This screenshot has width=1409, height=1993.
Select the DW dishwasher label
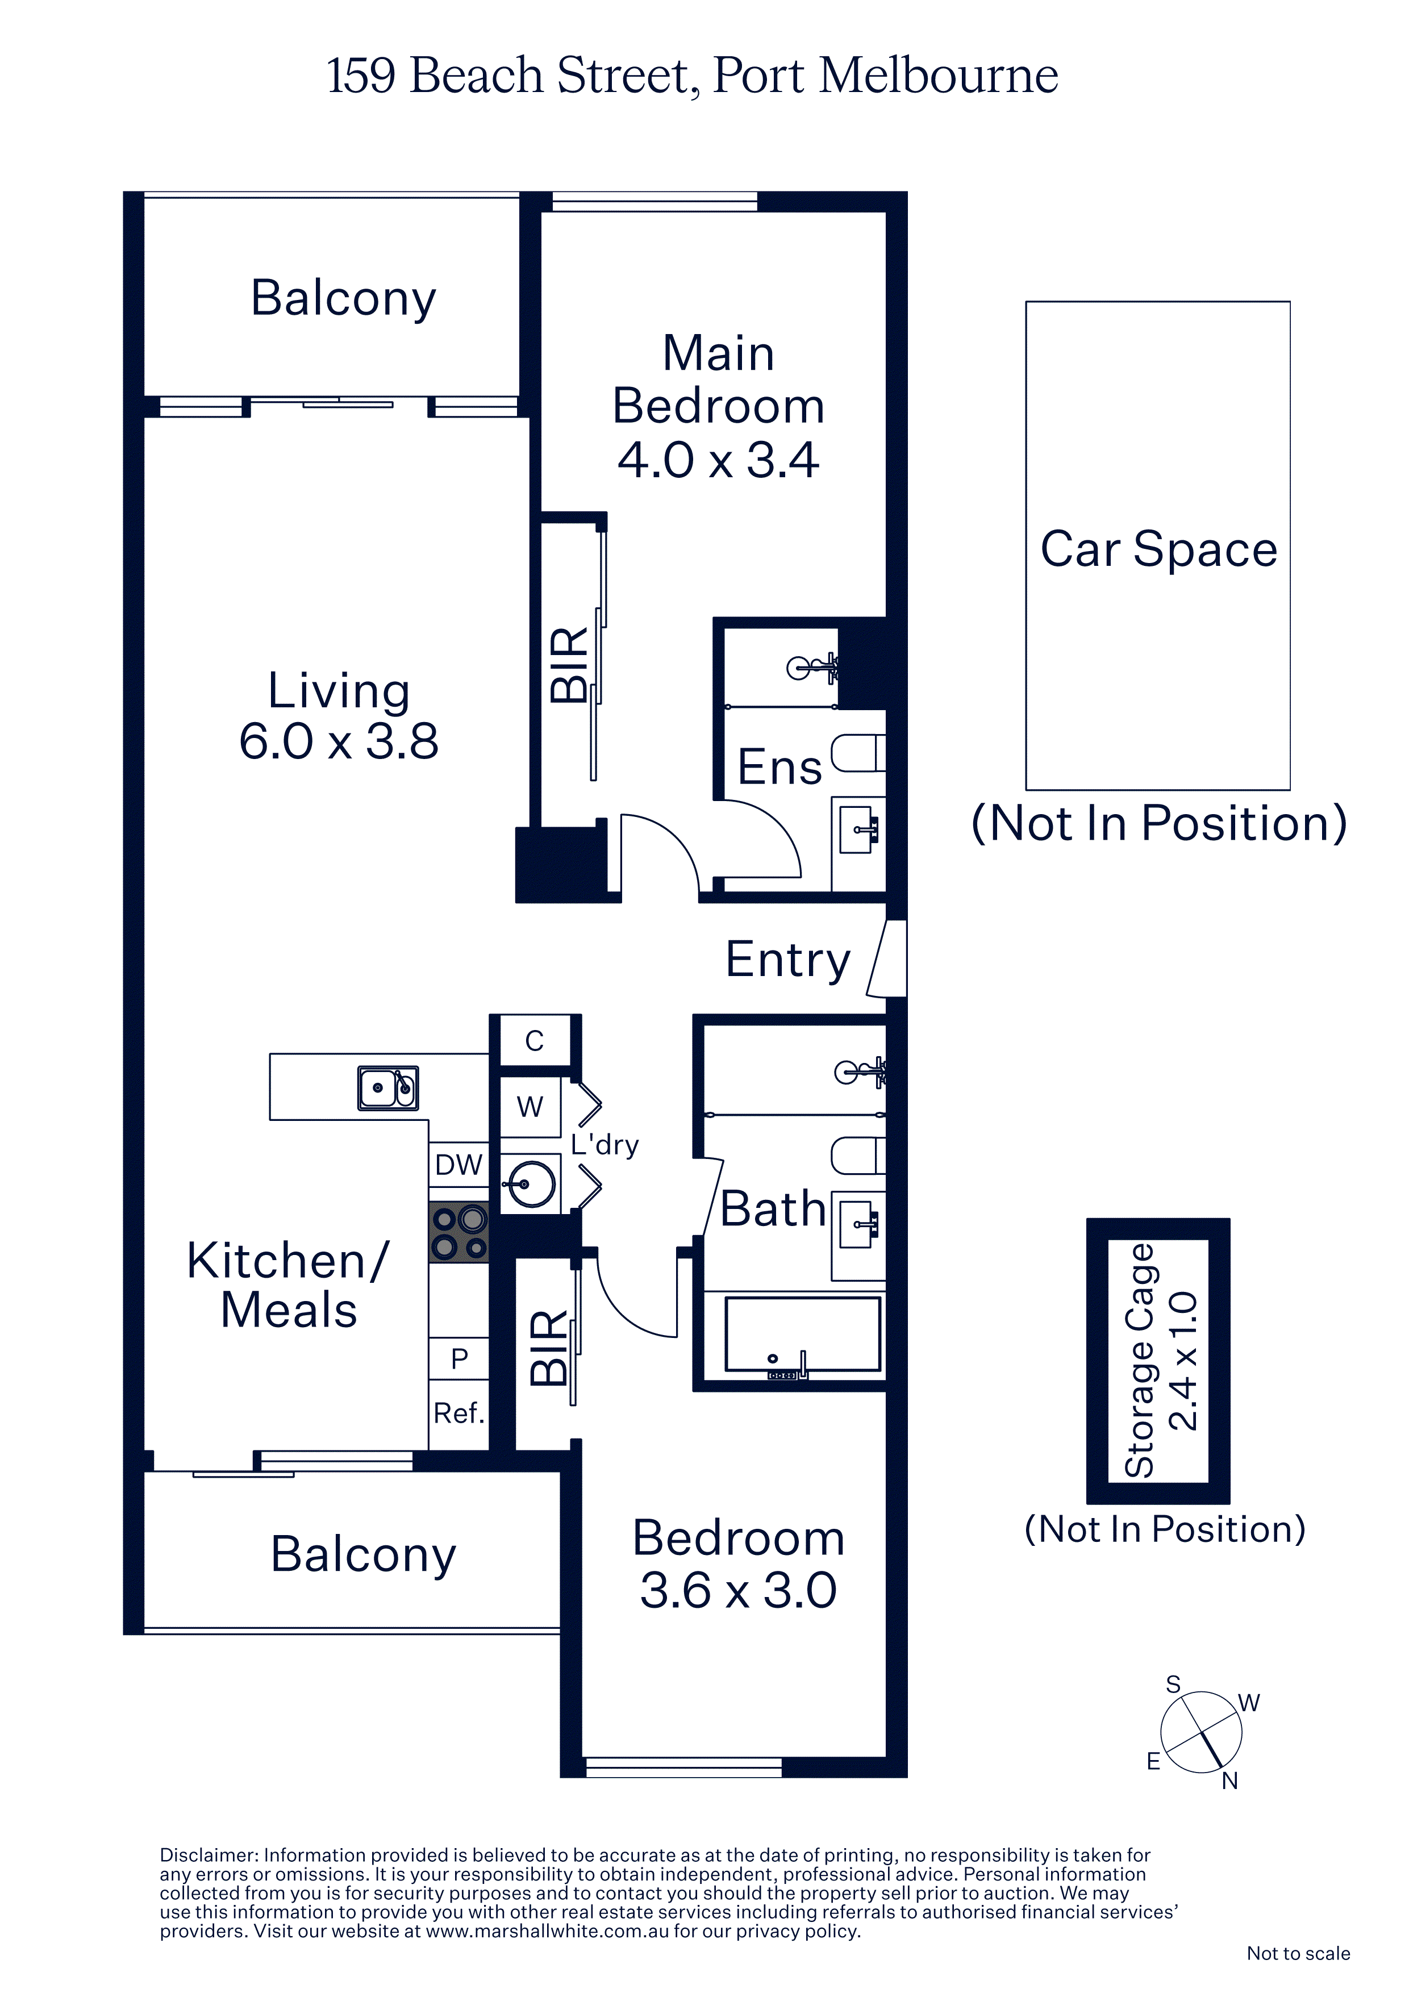[x=458, y=1165]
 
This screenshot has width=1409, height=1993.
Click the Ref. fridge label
[x=458, y=1413]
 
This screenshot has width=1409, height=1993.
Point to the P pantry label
[x=459, y=1358]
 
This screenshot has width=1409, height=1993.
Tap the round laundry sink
[x=531, y=1183]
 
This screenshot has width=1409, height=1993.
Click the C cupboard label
[x=535, y=1041]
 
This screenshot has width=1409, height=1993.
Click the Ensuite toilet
[x=858, y=753]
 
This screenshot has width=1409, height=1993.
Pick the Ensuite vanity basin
[x=858, y=829]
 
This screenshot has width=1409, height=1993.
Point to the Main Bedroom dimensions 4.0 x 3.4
[x=718, y=460]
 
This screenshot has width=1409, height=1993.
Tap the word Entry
[x=787, y=960]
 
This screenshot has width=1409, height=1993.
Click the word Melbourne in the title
[x=939, y=76]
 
